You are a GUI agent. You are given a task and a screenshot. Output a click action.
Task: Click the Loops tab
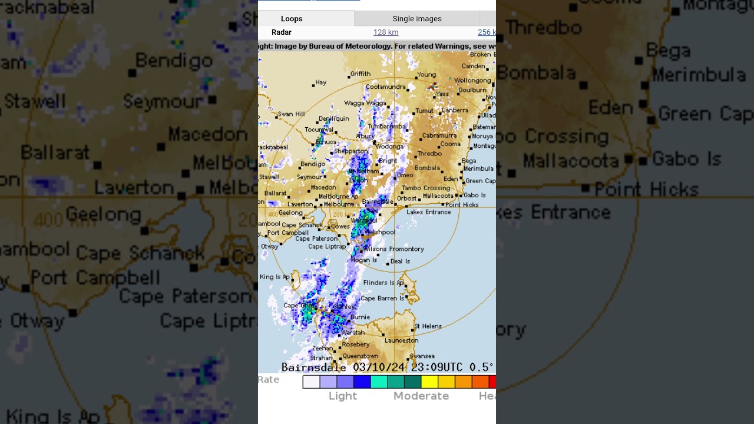[292, 19]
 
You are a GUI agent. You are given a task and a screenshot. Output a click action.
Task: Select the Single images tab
[417, 19]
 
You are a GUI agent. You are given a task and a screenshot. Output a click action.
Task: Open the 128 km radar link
[386, 32]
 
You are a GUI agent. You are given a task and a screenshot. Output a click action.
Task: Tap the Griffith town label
[361, 74]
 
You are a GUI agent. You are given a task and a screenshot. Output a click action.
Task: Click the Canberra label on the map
[455, 110]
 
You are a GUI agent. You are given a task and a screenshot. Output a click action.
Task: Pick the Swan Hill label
[291, 114]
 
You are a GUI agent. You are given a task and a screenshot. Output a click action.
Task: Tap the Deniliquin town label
[333, 118]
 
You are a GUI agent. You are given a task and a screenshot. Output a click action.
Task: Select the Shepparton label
[351, 151]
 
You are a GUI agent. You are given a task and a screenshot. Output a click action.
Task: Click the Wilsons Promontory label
[394, 249]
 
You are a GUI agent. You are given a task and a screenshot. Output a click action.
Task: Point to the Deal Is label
[400, 261]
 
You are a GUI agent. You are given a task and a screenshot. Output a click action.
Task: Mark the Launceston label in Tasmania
[401, 340]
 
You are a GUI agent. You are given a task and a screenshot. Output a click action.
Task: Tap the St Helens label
[428, 326]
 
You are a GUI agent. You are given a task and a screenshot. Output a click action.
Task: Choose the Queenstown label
[360, 356]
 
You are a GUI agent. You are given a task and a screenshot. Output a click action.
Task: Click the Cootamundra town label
[386, 87]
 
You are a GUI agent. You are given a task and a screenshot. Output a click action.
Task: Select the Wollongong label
[472, 81]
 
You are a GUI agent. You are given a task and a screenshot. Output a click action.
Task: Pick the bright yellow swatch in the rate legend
[429, 382]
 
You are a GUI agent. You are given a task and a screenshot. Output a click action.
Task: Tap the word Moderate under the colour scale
[421, 396]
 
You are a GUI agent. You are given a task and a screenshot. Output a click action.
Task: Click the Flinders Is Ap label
[383, 283]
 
